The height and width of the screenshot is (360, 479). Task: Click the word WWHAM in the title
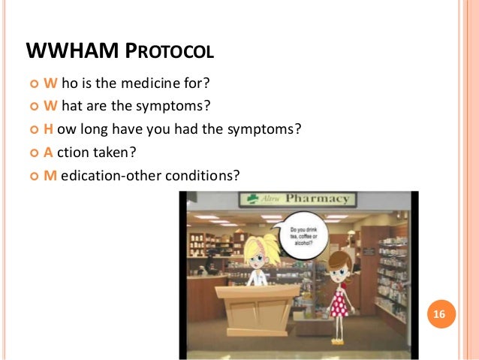point(71,52)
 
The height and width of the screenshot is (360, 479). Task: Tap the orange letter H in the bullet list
point(48,129)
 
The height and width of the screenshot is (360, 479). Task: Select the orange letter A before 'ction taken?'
point(48,152)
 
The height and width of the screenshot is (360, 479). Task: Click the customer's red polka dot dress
point(339,300)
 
